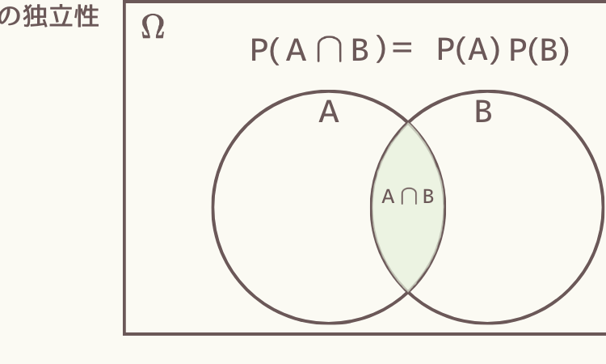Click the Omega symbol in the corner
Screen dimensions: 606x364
pyautogui.click(x=153, y=27)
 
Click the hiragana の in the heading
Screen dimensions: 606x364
pyautogui.click(x=9, y=17)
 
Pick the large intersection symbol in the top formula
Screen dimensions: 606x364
pyautogui.click(x=330, y=49)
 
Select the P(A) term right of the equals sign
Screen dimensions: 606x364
pyautogui.click(x=468, y=50)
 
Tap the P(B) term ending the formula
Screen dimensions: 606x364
pyautogui.click(x=539, y=50)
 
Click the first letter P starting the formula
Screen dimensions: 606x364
pyautogui.click(x=259, y=50)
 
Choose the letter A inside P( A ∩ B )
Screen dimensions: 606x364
pyautogui.click(x=296, y=50)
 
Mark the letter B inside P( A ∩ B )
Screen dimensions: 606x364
pyautogui.click(x=360, y=50)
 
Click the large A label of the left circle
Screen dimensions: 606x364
pyautogui.click(x=329, y=112)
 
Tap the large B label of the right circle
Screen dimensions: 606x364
pyautogui.click(x=483, y=112)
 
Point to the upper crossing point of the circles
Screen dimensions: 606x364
pyautogui.click(x=408, y=123)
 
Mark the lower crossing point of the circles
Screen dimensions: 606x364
pyautogui.click(x=408, y=290)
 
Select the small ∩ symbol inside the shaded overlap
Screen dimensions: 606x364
pyautogui.click(x=409, y=196)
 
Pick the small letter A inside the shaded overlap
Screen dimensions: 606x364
pyautogui.click(x=388, y=197)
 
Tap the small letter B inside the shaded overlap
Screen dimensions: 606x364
pyautogui.click(x=428, y=197)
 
